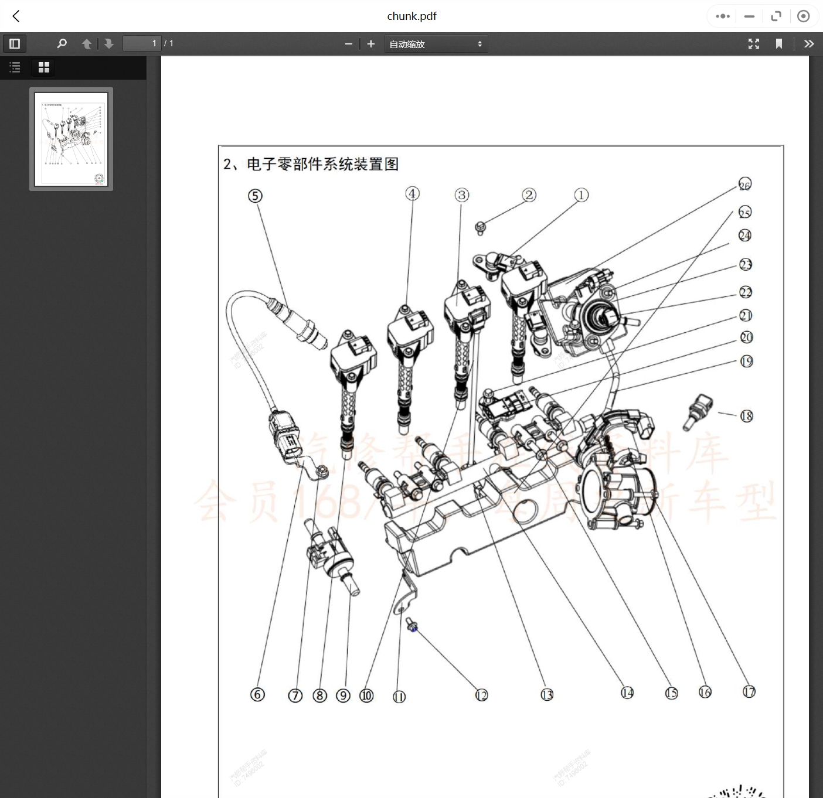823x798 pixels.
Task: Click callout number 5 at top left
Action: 255,196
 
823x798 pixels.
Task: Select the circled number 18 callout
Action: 746,416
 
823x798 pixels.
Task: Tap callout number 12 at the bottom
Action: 481,695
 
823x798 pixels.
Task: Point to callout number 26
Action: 744,185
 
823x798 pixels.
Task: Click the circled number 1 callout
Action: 581,195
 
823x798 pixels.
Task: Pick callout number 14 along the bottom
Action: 627,693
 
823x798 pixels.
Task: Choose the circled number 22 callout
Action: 745,292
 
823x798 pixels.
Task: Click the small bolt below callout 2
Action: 480,227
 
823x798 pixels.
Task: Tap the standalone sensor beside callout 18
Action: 698,411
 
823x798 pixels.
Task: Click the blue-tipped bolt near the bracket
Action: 412,626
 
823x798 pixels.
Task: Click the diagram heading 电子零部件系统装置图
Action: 322,164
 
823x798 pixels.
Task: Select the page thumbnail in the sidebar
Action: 71,139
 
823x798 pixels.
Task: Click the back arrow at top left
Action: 16,16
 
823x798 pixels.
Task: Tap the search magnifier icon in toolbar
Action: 62,44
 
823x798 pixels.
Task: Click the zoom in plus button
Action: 370,44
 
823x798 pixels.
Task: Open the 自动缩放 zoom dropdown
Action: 436,44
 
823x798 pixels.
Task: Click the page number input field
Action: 141,43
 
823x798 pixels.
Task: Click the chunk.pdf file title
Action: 411,16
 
